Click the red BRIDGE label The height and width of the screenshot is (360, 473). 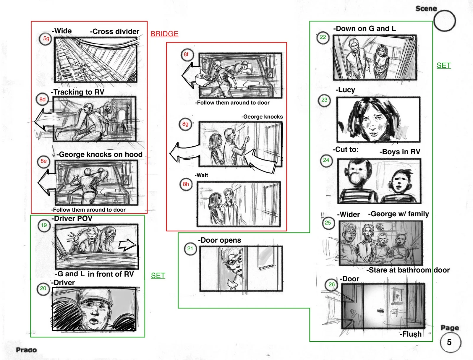pos(164,34)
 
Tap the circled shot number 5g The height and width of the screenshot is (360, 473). pos(46,39)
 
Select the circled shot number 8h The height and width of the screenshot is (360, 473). pos(186,184)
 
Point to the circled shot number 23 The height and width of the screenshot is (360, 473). pos(324,100)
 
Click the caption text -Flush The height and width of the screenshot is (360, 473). pos(411,334)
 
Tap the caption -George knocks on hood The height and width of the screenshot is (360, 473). pos(99,155)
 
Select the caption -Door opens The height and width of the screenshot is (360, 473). pos(219,240)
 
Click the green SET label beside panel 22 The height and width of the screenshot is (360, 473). pos(443,66)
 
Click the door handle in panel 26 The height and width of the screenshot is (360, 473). pos(380,311)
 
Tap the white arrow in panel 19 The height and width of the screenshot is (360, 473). pos(127,245)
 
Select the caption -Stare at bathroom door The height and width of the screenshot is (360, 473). pos(408,270)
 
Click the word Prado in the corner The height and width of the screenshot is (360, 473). pos(26,350)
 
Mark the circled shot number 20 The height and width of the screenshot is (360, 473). pos(43,288)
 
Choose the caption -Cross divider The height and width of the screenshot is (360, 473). pos(114,31)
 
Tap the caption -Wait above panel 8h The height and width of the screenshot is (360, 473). pos(201,175)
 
